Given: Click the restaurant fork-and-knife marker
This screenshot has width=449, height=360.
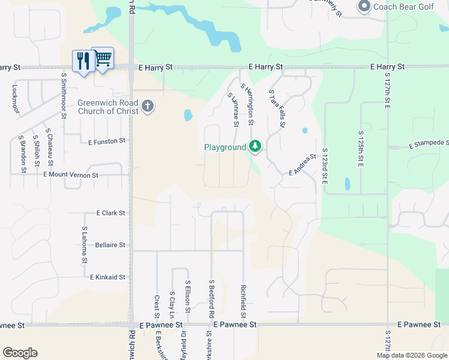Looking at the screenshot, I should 83,61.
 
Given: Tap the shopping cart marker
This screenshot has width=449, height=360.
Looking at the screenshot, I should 103,58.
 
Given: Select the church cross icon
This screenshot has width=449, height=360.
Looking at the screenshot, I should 148,107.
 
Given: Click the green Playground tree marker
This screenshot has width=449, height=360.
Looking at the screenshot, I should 255,146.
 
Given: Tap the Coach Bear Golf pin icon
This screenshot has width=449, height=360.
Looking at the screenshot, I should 364,7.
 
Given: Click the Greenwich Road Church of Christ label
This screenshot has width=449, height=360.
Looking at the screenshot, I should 108,107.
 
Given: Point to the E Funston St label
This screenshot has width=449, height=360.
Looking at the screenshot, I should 107,142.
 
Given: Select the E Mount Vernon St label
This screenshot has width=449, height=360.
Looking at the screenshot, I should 70,175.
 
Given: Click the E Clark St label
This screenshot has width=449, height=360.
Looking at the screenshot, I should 110,213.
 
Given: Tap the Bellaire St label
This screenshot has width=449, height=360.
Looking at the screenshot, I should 110,245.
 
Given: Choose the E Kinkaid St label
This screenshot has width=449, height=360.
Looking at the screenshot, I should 107,277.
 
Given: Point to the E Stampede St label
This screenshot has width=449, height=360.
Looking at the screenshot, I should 429,144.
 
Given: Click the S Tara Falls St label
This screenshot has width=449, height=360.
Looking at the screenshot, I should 276,109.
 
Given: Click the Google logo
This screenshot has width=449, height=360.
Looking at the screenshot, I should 20,353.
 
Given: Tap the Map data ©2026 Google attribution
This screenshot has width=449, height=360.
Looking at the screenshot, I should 411,355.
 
